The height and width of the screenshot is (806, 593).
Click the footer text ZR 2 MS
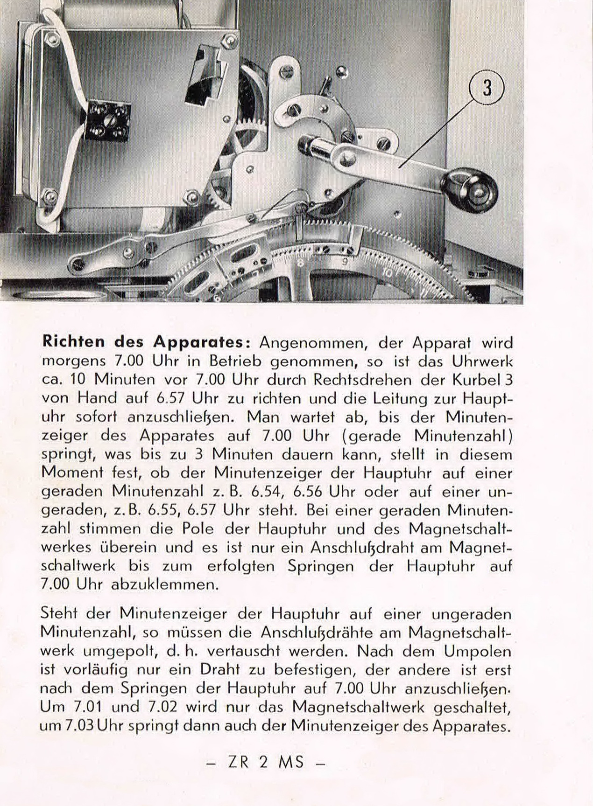tap(265, 763)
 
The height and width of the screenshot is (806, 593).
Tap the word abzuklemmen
tap(165, 585)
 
